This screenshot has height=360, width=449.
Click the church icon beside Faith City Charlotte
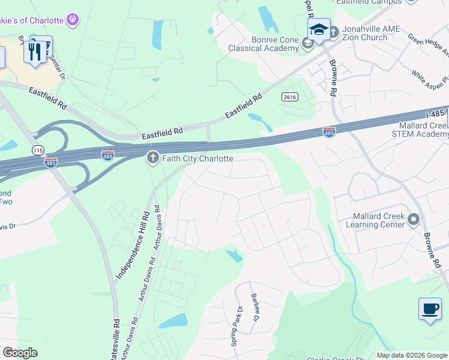point(153,158)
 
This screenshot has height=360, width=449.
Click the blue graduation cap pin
point(319,29)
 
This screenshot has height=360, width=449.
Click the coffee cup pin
point(430,309)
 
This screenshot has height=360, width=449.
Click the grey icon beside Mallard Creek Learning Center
point(413,220)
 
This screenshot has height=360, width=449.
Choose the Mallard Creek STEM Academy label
point(424,130)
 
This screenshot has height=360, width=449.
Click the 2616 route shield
point(289,97)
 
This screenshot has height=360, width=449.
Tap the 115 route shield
point(38,149)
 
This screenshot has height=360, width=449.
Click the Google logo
point(20,353)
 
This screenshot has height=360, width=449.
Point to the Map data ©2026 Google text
point(412,355)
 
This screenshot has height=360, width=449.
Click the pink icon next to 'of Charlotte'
point(73,20)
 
